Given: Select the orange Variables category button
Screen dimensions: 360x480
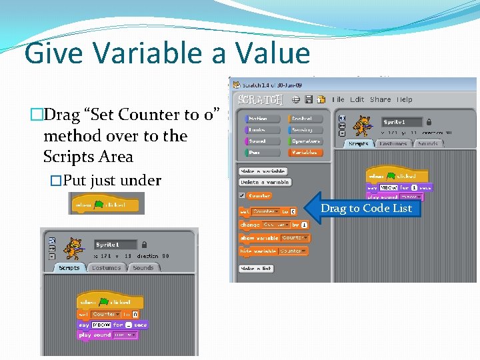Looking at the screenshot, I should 305,153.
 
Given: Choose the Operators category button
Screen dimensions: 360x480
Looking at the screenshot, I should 305,141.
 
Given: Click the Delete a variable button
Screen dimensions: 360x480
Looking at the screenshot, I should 265,182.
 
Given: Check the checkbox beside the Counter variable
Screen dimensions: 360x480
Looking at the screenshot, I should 242,196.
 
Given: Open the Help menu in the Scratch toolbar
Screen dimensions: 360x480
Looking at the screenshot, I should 405,99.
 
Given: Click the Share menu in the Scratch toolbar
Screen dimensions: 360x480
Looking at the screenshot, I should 380,99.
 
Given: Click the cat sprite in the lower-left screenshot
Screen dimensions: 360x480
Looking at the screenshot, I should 72,248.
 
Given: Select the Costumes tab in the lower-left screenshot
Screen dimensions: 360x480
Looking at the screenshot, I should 106,268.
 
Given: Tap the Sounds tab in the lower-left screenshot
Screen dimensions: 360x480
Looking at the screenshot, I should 143,268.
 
